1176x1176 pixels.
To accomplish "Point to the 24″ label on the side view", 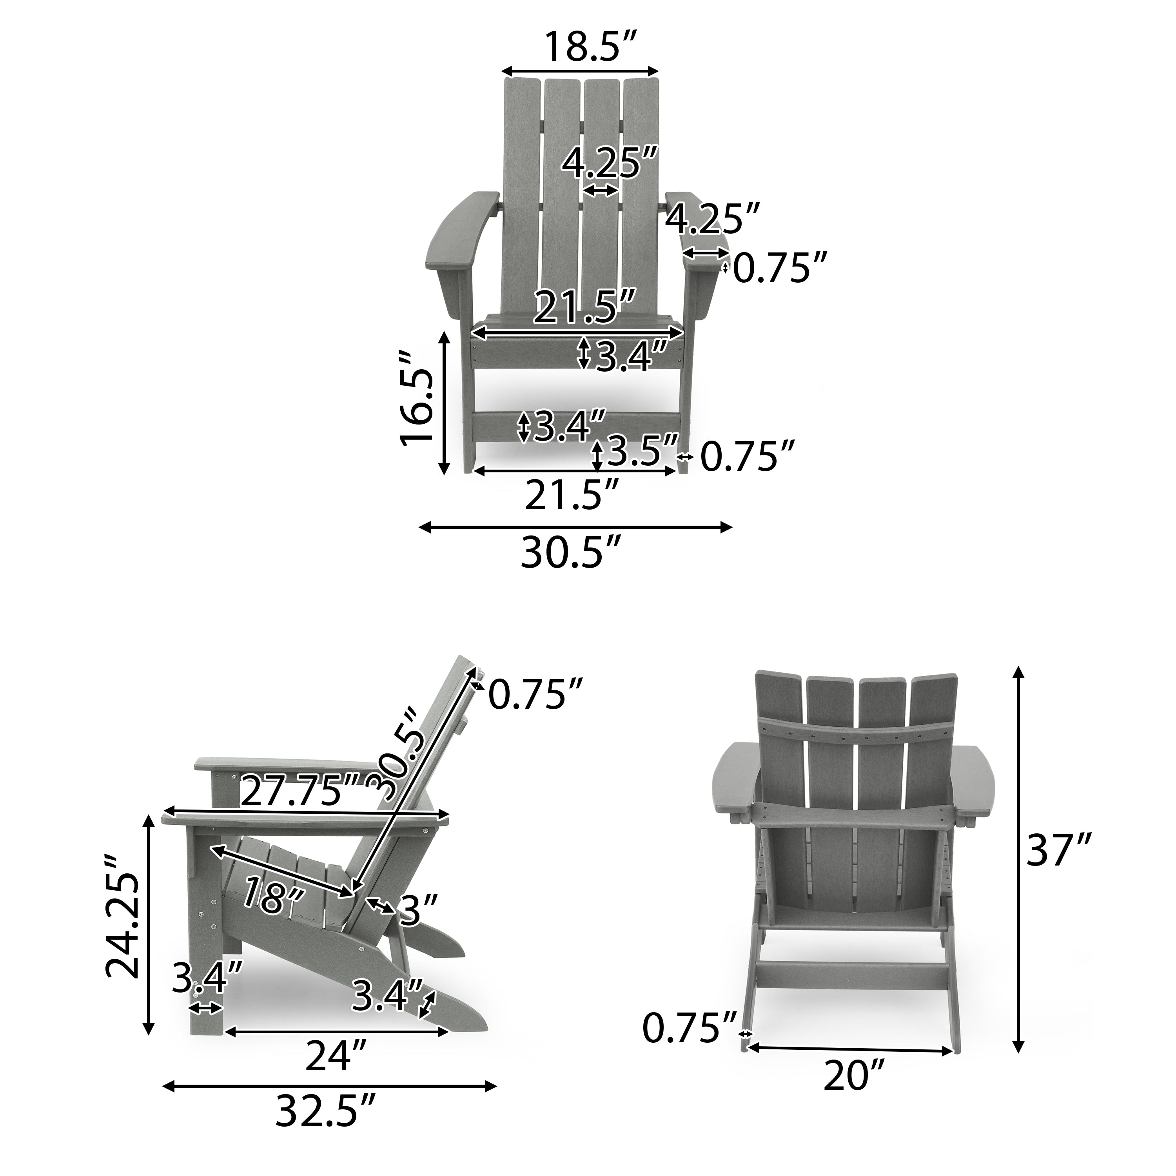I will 336,1056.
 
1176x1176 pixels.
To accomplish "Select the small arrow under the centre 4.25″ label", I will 600,191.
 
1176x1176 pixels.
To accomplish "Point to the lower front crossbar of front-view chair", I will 575,420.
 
